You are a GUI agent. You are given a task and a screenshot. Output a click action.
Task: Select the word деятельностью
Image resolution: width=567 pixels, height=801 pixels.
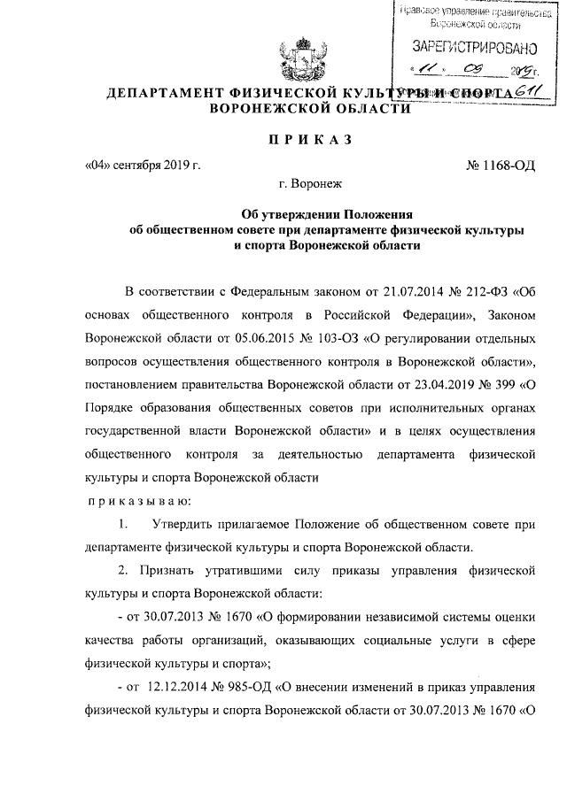[316, 454]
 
